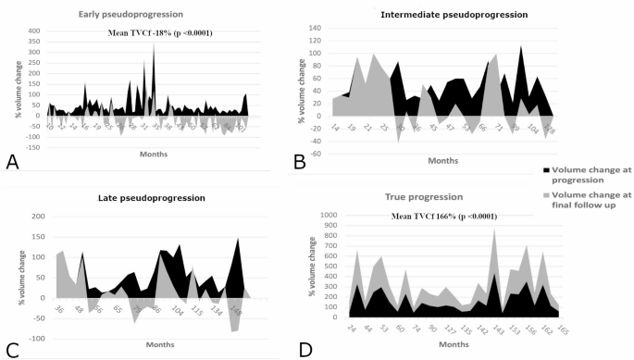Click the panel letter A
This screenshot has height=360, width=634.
[12, 161]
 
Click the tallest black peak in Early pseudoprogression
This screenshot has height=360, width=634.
[154, 43]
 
